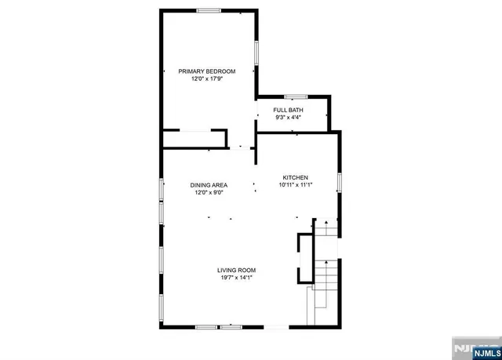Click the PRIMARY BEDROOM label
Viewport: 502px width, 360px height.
[207, 71]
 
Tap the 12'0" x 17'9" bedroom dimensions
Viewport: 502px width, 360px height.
[207, 79]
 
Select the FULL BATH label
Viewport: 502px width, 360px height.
[288, 110]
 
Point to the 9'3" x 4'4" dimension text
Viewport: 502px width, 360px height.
[288, 118]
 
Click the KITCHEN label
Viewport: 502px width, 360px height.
[295, 177]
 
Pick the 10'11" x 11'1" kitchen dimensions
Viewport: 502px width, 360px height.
[295, 185]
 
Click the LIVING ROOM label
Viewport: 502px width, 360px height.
[237, 271]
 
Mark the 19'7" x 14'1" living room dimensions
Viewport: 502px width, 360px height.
[237, 278]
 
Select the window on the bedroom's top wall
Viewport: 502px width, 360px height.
[208, 10]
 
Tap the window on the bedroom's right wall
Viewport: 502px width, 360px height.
[256, 52]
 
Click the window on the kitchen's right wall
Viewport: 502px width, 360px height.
[339, 182]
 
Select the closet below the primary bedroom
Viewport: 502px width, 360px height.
[195, 139]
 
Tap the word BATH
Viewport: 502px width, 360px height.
[296, 110]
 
